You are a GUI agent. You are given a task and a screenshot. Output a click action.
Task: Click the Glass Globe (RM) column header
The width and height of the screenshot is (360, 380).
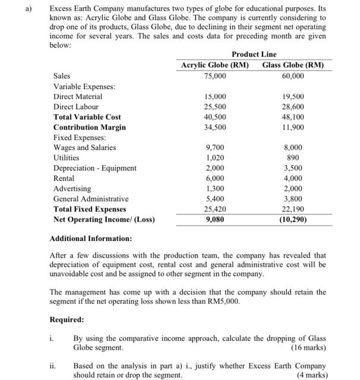(292, 65)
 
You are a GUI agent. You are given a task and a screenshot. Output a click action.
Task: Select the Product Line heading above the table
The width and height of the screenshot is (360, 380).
(254, 54)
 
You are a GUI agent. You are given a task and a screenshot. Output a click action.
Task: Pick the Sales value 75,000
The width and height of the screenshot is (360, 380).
(214, 76)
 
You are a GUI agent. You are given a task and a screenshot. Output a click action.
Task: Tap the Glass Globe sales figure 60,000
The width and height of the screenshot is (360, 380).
(292, 76)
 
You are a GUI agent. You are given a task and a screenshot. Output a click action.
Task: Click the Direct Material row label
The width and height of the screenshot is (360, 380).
(78, 96)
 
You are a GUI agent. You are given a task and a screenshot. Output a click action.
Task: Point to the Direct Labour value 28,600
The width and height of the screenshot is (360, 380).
(292, 106)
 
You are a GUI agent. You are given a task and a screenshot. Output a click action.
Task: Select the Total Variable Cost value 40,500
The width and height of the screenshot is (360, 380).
(214, 117)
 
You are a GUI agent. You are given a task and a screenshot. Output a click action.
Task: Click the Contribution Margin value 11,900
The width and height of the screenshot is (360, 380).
(292, 127)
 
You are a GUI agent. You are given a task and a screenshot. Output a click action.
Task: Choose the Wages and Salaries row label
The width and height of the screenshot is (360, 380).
(85, 147)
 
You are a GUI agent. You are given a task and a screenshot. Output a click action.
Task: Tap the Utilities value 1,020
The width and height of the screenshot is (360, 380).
(214, 158)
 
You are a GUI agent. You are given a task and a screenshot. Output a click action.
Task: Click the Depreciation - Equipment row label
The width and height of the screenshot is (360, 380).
(95, 168)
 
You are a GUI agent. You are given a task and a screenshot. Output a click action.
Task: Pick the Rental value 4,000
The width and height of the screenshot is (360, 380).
(292, 178)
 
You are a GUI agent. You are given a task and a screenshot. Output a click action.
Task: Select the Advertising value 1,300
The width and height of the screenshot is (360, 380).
(214, 188)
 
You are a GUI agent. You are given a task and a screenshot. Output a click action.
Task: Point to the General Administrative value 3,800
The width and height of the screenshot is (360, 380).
(292, 199)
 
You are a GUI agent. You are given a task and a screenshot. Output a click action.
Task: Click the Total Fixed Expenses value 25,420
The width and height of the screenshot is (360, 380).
(214, 209)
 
